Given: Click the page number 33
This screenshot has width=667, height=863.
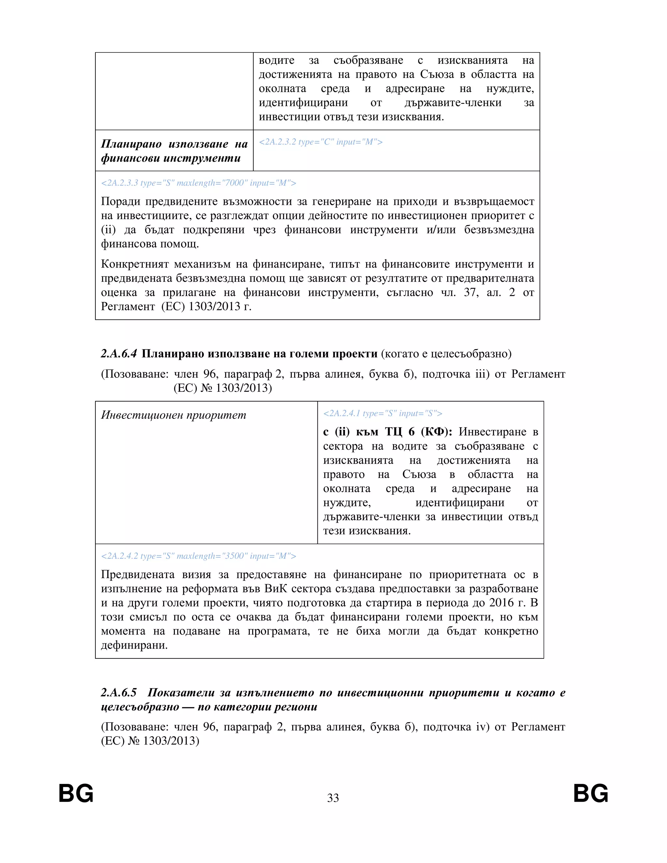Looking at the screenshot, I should point(333,798).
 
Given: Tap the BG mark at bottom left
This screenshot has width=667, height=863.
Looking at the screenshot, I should point(76,793).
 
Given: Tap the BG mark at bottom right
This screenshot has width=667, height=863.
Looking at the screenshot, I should point(590,793).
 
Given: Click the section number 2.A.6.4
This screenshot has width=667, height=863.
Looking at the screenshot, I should point(119,354).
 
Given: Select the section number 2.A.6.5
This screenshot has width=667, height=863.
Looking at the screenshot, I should point(119,692).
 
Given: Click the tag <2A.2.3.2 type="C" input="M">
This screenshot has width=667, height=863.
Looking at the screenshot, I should point(320,142).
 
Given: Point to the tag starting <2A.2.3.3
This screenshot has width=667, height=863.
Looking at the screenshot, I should point(198,183).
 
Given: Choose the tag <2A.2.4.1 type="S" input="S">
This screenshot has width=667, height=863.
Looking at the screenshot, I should point(382,413).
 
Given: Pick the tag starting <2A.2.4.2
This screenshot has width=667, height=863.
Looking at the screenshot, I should point(198,556).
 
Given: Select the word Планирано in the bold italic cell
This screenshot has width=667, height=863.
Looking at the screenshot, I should point(131,144).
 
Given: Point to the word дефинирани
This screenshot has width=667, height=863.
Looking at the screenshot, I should point(135,645).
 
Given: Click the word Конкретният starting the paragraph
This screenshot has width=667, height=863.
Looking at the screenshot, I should point(135,264).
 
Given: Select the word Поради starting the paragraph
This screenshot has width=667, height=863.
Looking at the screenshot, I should point(121,202).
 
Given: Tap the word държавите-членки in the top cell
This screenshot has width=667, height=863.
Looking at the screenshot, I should point(453,103).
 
